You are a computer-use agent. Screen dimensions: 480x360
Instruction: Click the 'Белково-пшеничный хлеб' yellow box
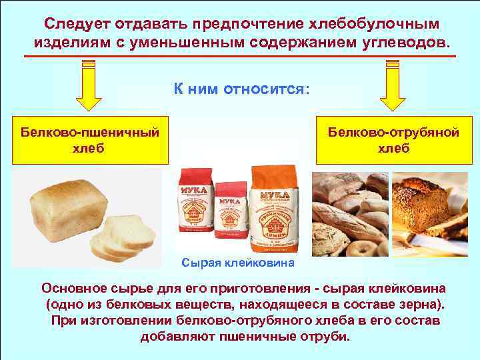[x=89, y=140]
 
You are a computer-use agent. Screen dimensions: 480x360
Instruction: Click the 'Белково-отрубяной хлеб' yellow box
[x=393, y=140]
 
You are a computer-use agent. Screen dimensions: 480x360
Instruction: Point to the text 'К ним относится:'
[x=242, y=89]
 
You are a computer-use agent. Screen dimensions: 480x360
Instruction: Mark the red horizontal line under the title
[x=239, y=57]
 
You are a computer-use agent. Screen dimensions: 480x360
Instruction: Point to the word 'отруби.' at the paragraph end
[x=326, y=336]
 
